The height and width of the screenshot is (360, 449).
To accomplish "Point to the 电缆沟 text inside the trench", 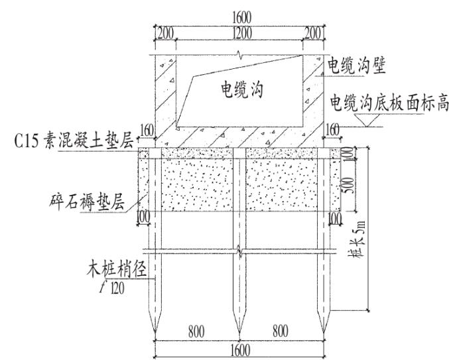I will pyautogui.click(x=241, y=91).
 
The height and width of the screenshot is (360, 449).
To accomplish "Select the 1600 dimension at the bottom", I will pyautogui.click(x=239, y=350).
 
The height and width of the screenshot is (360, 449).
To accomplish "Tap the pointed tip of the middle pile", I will pyautogui.click(x=239, y=331).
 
